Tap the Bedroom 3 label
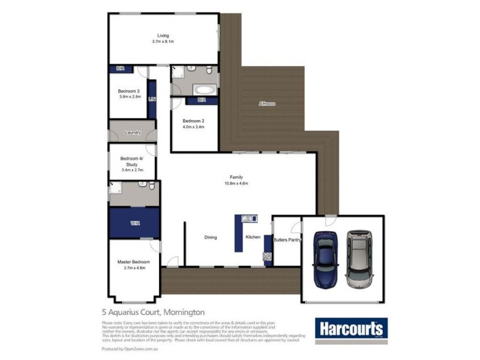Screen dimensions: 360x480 coord(129,91)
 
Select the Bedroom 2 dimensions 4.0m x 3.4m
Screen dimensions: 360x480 coord(194,127)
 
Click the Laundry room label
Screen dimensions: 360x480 coord(133,133)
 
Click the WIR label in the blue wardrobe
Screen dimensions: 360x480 coord(134,223)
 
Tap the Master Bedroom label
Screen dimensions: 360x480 coord(133,262)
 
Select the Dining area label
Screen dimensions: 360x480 coord(210,238)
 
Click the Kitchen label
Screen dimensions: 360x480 coord(253,238)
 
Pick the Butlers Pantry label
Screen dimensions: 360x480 coord(287,240)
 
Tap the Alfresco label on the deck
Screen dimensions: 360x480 coord(267,104)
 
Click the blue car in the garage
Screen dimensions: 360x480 coord(326,259)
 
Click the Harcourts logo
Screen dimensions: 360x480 coord(351,329)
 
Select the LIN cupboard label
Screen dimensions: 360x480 coord(152,100)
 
